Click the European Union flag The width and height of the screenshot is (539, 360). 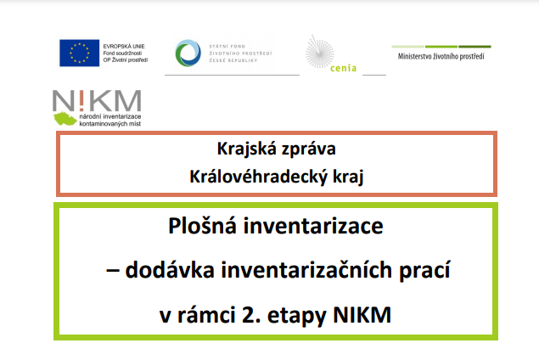[80, 53]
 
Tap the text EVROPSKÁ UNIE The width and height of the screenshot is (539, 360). [124, 46]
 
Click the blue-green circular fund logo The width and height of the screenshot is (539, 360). [188, 53]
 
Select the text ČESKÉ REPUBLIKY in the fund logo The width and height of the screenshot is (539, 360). [233, 60]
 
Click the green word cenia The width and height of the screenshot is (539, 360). [343, 68]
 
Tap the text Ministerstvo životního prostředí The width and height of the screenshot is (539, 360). [441, 56]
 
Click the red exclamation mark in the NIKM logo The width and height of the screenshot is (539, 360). [81, 100]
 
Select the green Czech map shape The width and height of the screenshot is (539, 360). [65, 119]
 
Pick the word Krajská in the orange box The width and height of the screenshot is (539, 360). [247, 149]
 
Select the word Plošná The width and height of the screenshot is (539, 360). [203, 226]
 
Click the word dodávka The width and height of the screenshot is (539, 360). [170, 270]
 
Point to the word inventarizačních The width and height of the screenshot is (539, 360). [306, 270]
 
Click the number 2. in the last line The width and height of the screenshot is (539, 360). [251, 315]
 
